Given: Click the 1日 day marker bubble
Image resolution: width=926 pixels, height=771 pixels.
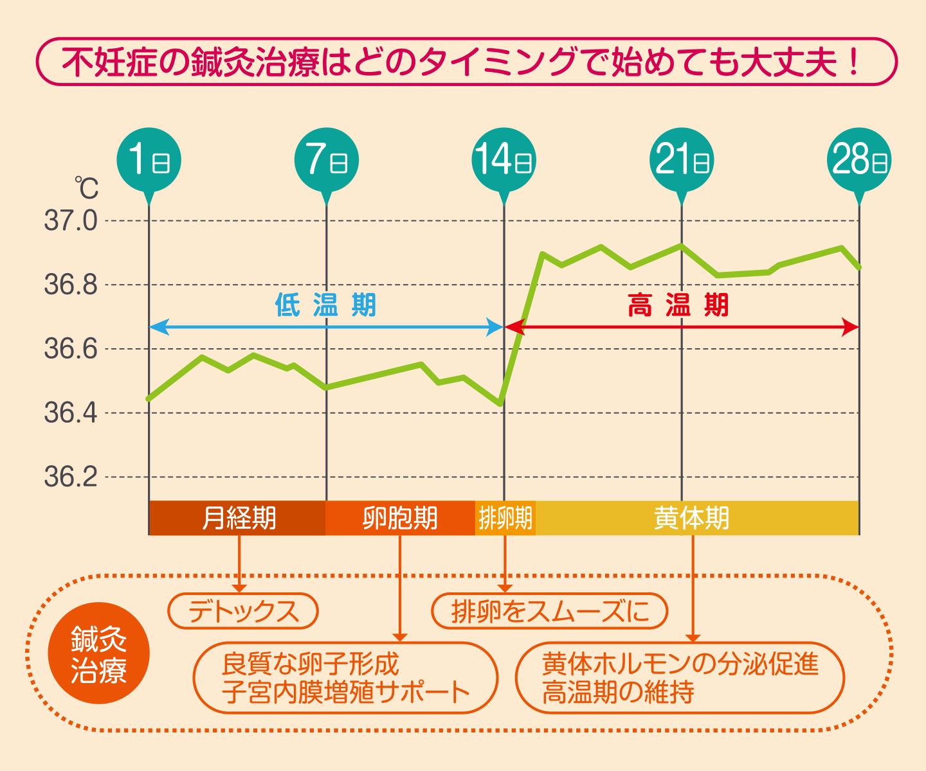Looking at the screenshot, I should tap(149, 159).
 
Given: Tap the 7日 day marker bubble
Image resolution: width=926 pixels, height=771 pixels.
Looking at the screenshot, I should tap(327, 159).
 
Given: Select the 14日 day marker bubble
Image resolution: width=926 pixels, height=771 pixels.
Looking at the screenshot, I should tap(504, 159).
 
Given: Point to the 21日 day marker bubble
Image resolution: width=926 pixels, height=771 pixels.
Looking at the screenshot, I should tap(682, 159).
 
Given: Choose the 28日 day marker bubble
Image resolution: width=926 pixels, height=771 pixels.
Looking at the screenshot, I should tap(859, 159).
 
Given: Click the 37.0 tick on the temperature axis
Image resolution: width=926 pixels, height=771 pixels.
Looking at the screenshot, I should tap(71, 221).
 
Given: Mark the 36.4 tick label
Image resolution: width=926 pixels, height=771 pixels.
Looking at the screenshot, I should tap(71, 412).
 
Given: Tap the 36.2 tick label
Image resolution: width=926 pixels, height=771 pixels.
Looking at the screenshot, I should tap(71, 477).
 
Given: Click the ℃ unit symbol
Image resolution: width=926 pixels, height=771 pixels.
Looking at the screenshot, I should tap(86, 188).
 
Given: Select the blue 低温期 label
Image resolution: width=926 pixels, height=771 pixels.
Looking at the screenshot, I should tap(326, 305).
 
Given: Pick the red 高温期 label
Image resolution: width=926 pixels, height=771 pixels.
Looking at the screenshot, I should tap(678, 305).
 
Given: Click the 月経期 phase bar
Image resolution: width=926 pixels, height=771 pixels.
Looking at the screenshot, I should tap(238, 518).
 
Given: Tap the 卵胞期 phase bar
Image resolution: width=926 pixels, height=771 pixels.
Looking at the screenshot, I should tap(399, 518).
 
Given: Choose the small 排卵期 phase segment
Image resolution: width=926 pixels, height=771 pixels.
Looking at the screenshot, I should tap(505, 518).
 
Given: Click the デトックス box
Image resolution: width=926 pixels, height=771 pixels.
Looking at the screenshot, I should tap(243, 611).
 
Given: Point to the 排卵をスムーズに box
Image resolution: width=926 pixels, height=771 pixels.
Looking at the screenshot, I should tap(550, 611).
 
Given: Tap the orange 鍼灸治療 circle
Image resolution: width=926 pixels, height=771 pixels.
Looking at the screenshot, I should tap(98, 653).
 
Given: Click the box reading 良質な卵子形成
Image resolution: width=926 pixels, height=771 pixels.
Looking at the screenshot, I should tap(345, 678).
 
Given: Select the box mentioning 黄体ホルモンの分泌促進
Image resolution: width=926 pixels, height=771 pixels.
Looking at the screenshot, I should tap(680, 678).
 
